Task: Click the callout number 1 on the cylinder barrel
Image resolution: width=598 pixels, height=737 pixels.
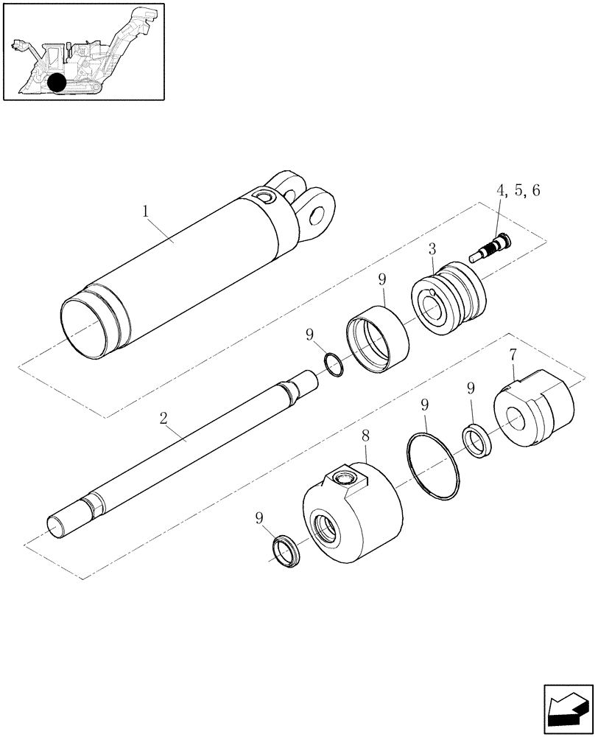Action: (146, 211)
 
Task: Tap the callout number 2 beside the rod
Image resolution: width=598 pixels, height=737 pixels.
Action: (164, 419)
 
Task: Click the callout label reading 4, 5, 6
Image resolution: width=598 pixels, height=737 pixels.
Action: (518, 191)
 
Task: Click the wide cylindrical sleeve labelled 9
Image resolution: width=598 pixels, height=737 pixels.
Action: (379, 339)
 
